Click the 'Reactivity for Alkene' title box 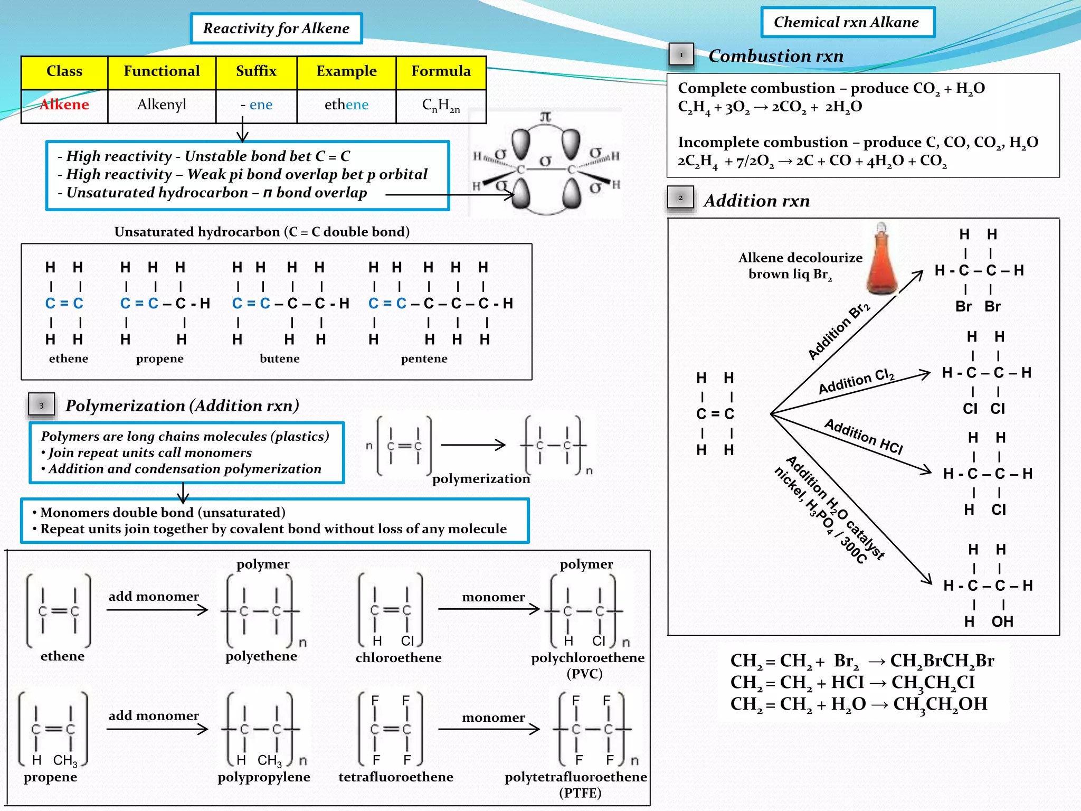click(x=276, y=29)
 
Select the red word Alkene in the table click(x=64, y=105)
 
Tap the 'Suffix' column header click(x=256, y=71)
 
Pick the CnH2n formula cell click(x=441, y=106)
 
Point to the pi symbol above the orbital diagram click(x=545, y=117)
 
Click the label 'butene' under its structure click(x=279, y=359)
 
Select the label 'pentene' click(x=424, y=359)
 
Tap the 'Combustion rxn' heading click(x=775, y=56)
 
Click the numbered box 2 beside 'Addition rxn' click(x=680, y=198)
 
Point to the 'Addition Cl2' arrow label click(x=856, y=382)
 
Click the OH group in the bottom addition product click(x=1002, y=621)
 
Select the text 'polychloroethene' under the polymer click(x=587, y=658)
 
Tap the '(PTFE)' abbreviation click(x=580, y=793)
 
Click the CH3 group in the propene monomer click(x=65, y=760)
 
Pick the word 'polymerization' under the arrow click(x=481, y=479)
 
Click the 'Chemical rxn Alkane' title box click(x=847, y=22)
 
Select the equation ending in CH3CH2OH click(x=858, y=704)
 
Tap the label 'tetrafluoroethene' click(x=396, y=777)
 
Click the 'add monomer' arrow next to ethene click(x=157, y=610)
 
